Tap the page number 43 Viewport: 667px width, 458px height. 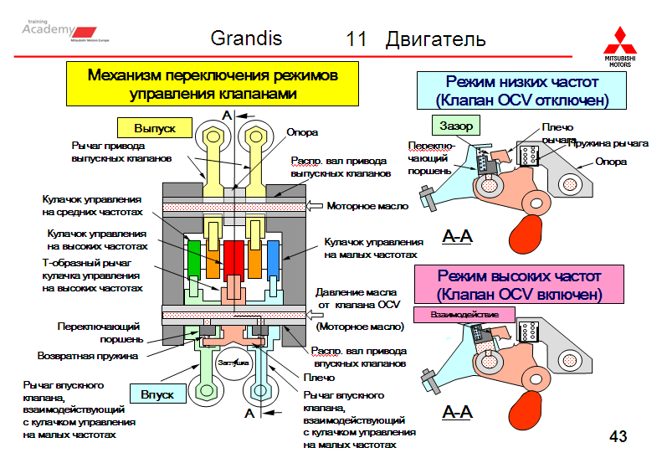click(x=618, y=436)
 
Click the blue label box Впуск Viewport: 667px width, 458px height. click(x=156, y=393)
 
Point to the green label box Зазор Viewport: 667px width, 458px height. click(x=456, y=126)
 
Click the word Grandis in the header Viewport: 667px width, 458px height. click(x=246, y=39)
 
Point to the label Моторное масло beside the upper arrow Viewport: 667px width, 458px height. click(x=367, y=205)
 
